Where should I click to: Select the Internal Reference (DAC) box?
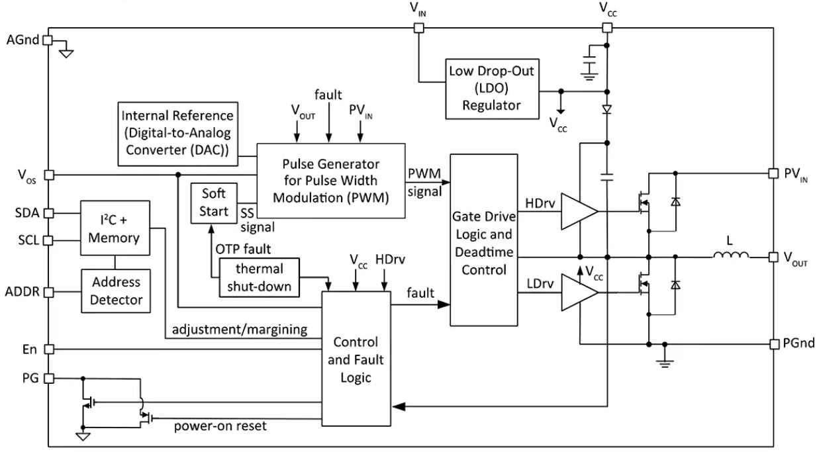pos(179,133)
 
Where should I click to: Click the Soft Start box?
pos(213,203)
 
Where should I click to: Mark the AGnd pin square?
pos(47,40)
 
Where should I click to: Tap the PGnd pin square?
pos(773,343)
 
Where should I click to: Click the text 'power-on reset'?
pos(220,426)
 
